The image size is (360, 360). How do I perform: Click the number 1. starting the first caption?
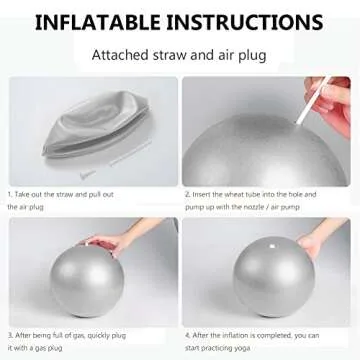[x=9, y=194]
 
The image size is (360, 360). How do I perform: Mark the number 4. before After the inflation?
[x=187, y=334]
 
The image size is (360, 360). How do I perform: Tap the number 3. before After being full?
[x=9, y=334]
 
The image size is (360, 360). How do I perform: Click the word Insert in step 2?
[x=203, y=194]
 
